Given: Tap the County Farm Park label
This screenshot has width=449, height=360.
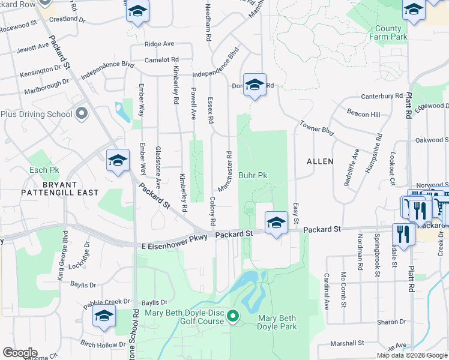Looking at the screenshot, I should click(x=388, y=32).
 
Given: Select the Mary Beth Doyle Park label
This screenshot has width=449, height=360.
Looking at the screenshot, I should click(x=277, y=322).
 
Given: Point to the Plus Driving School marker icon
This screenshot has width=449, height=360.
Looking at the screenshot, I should click(x=82, y=113).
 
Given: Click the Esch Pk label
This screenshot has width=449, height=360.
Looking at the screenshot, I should click(x=41, y=170).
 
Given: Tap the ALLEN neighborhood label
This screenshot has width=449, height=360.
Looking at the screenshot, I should click(x=320, y=161).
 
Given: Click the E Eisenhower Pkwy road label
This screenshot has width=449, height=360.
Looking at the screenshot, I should click(x=175, y=238).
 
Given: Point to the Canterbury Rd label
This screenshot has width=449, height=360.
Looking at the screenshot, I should click(x=382, y=96).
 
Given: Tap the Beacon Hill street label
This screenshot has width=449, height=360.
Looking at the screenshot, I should click(x=363, y=114).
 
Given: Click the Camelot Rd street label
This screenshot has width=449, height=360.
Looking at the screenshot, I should click(x=162, y=60).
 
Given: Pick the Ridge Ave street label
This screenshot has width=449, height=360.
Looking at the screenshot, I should click(x=159, y=44).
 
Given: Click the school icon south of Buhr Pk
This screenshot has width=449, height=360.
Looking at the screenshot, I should click(x=276, y=223).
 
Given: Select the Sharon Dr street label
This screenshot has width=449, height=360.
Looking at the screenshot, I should click(x=391, y=322).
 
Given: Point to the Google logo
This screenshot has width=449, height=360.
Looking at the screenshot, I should click(x=20, y=352).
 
